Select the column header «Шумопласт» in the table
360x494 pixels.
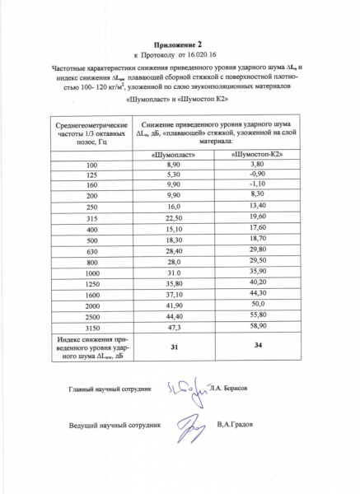(174, 154)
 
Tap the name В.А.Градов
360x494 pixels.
(236, 426)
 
